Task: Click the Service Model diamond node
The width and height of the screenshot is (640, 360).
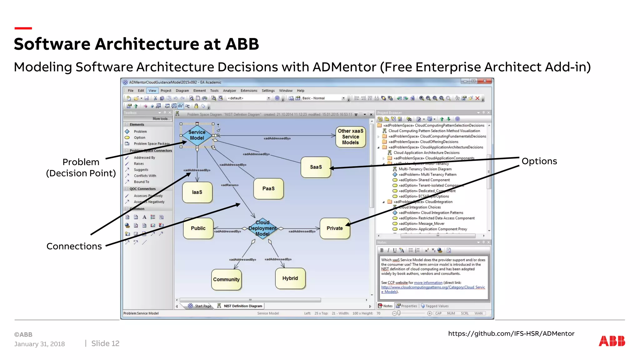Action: pos(197,135)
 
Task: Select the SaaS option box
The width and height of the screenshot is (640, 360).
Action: pos(316,167)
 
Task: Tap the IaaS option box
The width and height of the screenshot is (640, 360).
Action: pos(197,192)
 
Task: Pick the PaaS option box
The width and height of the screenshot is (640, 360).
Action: pos(268,188)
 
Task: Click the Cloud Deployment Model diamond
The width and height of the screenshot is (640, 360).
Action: pos(262,228)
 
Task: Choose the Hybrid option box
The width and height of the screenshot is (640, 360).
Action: pos(290,278)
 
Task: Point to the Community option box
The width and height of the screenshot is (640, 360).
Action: pos(226,279)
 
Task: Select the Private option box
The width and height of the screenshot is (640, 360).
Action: pos(335,228)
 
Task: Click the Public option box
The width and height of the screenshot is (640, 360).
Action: pos(198,228)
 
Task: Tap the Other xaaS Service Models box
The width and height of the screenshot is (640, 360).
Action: pos(350,137)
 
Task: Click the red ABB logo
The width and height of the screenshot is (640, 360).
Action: pos(612,341)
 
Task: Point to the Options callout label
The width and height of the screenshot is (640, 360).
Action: pos(539,161)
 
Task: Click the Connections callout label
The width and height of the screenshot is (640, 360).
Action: pos(74,246)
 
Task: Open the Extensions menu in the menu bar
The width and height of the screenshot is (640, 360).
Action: pos(249,91)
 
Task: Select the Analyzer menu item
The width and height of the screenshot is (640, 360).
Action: pos(229,91)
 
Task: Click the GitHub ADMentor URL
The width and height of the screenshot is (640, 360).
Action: pos(511,333)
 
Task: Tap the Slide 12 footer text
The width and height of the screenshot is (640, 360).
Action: pos(105,343)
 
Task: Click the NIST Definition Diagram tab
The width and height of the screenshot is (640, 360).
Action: pos(242,306)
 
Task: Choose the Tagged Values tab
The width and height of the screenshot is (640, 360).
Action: pos(437,306)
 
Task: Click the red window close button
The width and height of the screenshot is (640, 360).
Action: pos(485,81)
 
